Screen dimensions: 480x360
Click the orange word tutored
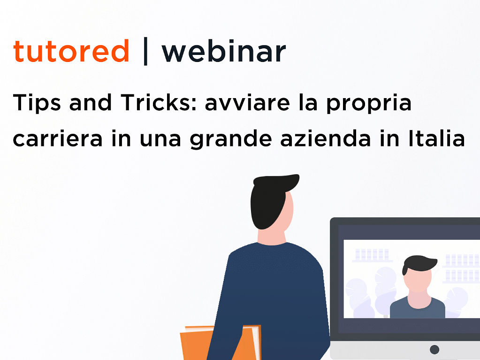click(71, 51)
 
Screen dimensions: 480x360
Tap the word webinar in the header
click(224, 51)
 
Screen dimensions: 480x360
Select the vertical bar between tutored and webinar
click(145, 51)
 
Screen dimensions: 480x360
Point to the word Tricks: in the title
click(160, 102)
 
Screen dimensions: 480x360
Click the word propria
click(369, 103)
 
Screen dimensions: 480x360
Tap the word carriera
click(57, 138)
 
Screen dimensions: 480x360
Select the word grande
click(231, 139)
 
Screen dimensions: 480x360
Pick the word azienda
click(326, 138)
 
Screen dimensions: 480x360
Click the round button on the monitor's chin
click(434, 349)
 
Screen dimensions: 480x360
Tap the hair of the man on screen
click(419, 264)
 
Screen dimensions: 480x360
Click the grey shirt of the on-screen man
click(418, 309)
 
